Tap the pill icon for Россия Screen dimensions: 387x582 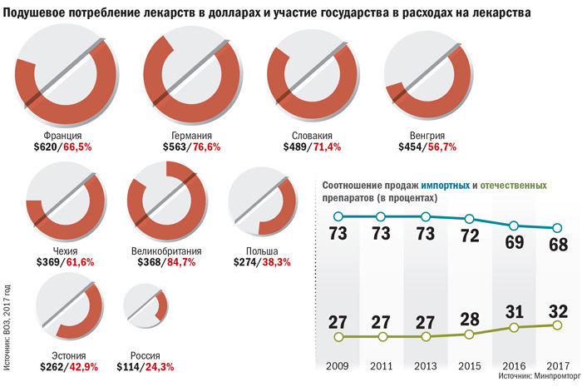(145, 308)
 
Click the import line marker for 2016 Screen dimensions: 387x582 (514, 226)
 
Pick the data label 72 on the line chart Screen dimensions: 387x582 (470, 236)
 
